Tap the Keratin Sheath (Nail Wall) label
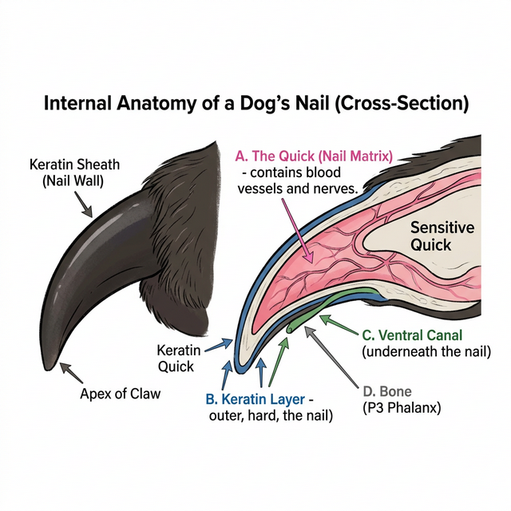pos(74,172)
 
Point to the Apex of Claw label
pos(119,394)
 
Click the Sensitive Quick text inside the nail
pos(442,237)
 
